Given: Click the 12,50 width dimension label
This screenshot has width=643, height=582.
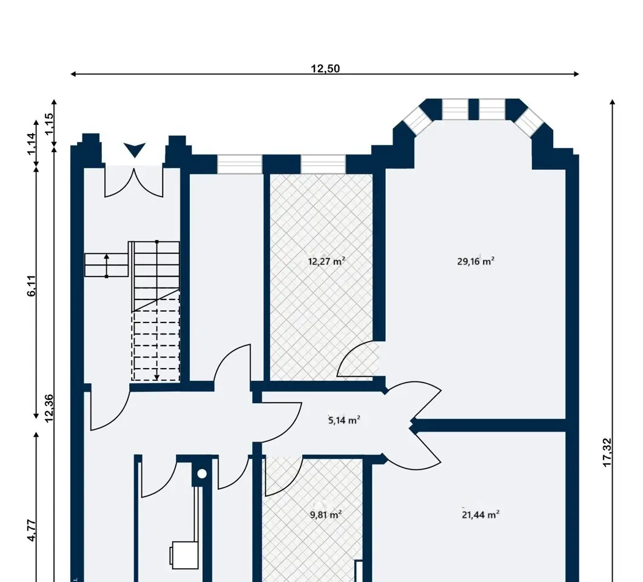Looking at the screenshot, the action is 325,69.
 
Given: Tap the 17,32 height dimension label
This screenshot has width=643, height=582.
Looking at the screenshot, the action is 607,452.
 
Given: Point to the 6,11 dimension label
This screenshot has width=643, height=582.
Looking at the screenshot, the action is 32,286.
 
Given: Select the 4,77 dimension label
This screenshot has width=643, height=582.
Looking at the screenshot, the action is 32,530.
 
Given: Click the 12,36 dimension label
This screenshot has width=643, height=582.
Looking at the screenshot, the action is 49,408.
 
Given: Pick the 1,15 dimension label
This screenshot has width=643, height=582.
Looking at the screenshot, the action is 49,124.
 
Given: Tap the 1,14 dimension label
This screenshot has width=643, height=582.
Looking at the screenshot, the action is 32,144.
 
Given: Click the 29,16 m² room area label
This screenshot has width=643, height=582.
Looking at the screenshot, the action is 476,261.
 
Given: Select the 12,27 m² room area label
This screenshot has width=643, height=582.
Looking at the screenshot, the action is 326,261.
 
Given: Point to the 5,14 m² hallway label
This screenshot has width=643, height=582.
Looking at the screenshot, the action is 345,420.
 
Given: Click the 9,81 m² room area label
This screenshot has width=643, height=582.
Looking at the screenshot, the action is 326,514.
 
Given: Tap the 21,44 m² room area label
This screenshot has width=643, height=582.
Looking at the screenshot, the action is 480,514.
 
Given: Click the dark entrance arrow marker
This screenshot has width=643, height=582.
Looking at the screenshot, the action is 135,150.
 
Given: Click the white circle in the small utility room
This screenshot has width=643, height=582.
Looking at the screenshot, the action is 202,474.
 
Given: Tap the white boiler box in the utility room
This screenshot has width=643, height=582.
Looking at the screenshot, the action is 184,555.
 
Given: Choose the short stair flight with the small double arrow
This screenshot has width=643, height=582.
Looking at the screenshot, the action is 107,265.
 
